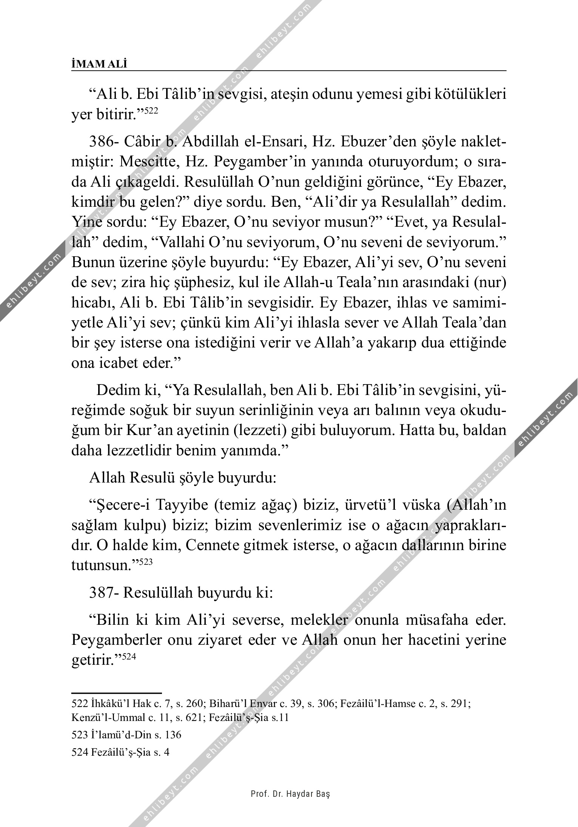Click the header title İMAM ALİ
(99, 65)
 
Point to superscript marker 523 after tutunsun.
(146, 562)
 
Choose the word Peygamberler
(116, 640)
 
